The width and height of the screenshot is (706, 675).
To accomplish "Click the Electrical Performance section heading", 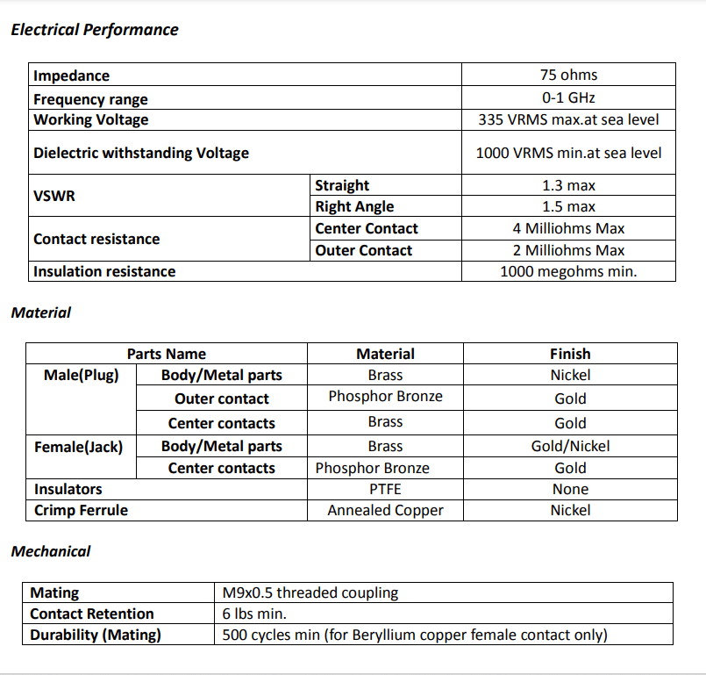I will pyautogui.click(x=95, y=30).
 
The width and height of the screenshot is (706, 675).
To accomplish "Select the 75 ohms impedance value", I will pyautogui.click(x=568, y=75).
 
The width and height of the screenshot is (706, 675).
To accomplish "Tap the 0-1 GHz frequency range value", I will pyautogui.click(x=568, y=97).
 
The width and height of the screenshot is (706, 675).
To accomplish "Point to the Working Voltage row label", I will pyautogui.click(x=91, y=120).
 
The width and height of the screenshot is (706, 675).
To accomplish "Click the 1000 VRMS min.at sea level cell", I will pyautogui.click(x=568, y=153).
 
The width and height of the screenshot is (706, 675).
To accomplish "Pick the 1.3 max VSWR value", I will pyautogui.click(x=568, y=185).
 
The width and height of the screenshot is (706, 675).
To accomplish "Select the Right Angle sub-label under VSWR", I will pyautogui.click(x=354, y=207).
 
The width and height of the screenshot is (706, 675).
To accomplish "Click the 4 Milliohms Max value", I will pyautogui.click(x=568, y=228).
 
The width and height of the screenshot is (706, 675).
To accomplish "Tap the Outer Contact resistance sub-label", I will pyautogui.click(x=364, y=250).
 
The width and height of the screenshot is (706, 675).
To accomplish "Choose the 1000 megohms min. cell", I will pyautogui.click(x=568, y=271).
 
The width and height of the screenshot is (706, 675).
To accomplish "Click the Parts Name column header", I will pyautogui.click(x=167, y=354).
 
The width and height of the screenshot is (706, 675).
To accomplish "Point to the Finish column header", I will pyautogui.click(x=570, y=354).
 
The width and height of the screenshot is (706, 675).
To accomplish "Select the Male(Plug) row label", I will pyautogui.click(x=82, y=375).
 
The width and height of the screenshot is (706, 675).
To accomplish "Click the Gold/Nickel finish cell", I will pyautogui.click(x=570, y=446).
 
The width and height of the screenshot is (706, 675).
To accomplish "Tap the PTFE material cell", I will pyautogui.click(x=385, y=489).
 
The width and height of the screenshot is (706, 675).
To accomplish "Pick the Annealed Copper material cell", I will pyautogui.click(x=385, y=510).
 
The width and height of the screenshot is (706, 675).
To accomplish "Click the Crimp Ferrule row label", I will pyautogui.click(x=81, y=510).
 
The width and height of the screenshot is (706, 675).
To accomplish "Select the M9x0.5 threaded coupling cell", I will pyautogui.click(x=310, y=592).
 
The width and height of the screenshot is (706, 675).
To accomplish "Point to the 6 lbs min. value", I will pyautogui.click(x=255, y=614).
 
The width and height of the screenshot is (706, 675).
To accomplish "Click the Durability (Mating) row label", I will pyautogui.click(x=96, y=635).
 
